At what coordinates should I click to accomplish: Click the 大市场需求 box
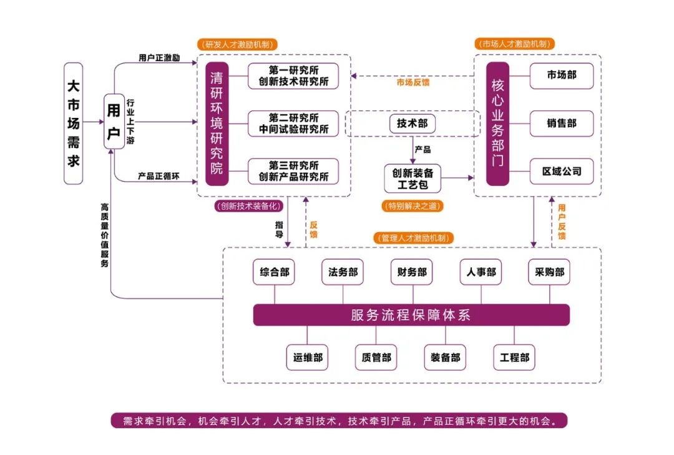[x=74, y=123]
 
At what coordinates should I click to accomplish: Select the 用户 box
[x=114, y=121]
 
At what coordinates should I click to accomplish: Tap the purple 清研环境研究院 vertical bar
[x=217, y=123]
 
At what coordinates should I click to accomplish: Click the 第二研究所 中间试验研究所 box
[x=293, y=124]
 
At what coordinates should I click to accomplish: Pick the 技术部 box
[x=412, y=124]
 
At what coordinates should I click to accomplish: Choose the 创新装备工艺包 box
[x=412, y=178]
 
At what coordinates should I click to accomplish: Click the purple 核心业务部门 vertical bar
[x=497, y=123]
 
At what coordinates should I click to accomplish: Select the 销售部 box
[x=562, y=124]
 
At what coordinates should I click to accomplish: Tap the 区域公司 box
[x=562, y=171]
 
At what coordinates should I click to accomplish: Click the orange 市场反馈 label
[x=413, y=82]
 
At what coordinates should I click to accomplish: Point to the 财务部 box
[x=412, y=272]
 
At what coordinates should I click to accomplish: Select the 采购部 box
[x=549, y=272]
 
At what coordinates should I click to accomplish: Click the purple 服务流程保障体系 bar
[x=411, y=315]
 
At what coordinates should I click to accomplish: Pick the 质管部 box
[x=376, y=358]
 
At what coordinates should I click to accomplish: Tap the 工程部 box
[x=514, y=358]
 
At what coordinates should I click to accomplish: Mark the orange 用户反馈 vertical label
[x=562, y=221]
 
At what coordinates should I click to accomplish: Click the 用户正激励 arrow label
[x=159, y=58]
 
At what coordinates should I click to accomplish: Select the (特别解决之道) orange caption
[x=412, y=205]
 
